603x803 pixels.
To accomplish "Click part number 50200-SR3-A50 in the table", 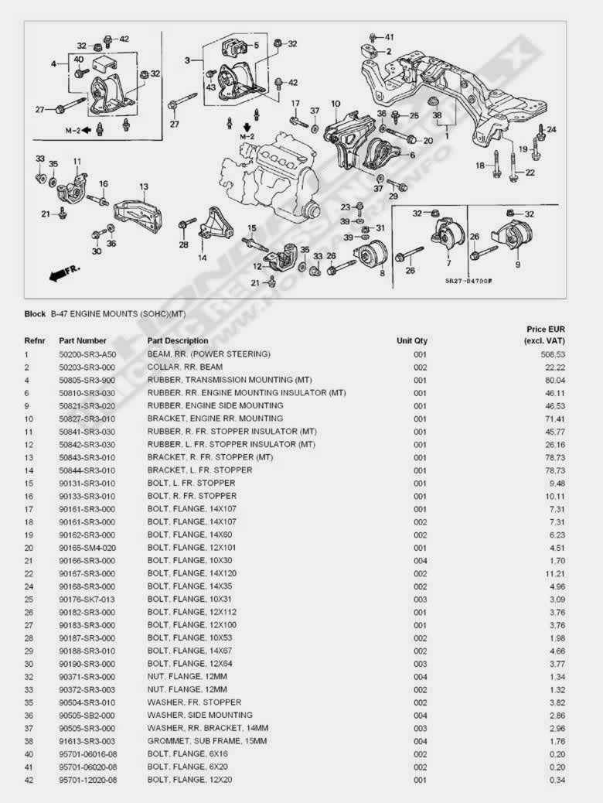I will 87,354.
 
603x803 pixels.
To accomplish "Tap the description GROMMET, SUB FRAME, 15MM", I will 207,741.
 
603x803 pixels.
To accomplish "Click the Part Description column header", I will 178,340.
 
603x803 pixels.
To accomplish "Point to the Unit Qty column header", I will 412,340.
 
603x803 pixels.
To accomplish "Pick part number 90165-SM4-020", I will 87,548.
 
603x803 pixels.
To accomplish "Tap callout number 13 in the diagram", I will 143,186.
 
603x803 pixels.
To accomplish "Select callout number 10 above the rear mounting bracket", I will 336,104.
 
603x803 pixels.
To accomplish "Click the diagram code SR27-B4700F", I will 468,281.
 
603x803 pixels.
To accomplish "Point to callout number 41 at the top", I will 389,37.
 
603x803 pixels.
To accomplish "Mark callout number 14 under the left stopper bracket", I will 203,257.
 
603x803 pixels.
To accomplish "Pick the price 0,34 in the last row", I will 555,780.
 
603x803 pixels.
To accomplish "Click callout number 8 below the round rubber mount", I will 382,272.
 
